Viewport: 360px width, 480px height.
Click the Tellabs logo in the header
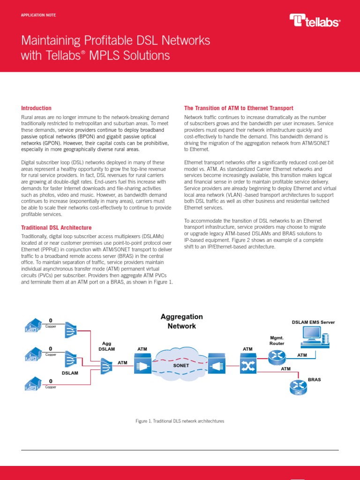click(315, 20)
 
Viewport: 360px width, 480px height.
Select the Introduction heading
click(37, 108)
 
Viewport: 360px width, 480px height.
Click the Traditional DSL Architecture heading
click(57, 228)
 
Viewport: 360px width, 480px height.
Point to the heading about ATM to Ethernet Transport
click(239, 108)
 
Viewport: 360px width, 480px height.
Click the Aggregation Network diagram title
click(182, 321)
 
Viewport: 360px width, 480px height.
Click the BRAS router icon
click(297, 387)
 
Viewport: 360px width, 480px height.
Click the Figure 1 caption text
click(180, 421)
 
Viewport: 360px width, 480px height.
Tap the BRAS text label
click(314, 379)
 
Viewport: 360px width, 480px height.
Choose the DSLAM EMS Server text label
click(314, 322)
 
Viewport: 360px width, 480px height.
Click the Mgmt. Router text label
click(277, 340)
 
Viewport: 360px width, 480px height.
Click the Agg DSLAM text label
click(107, 346)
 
